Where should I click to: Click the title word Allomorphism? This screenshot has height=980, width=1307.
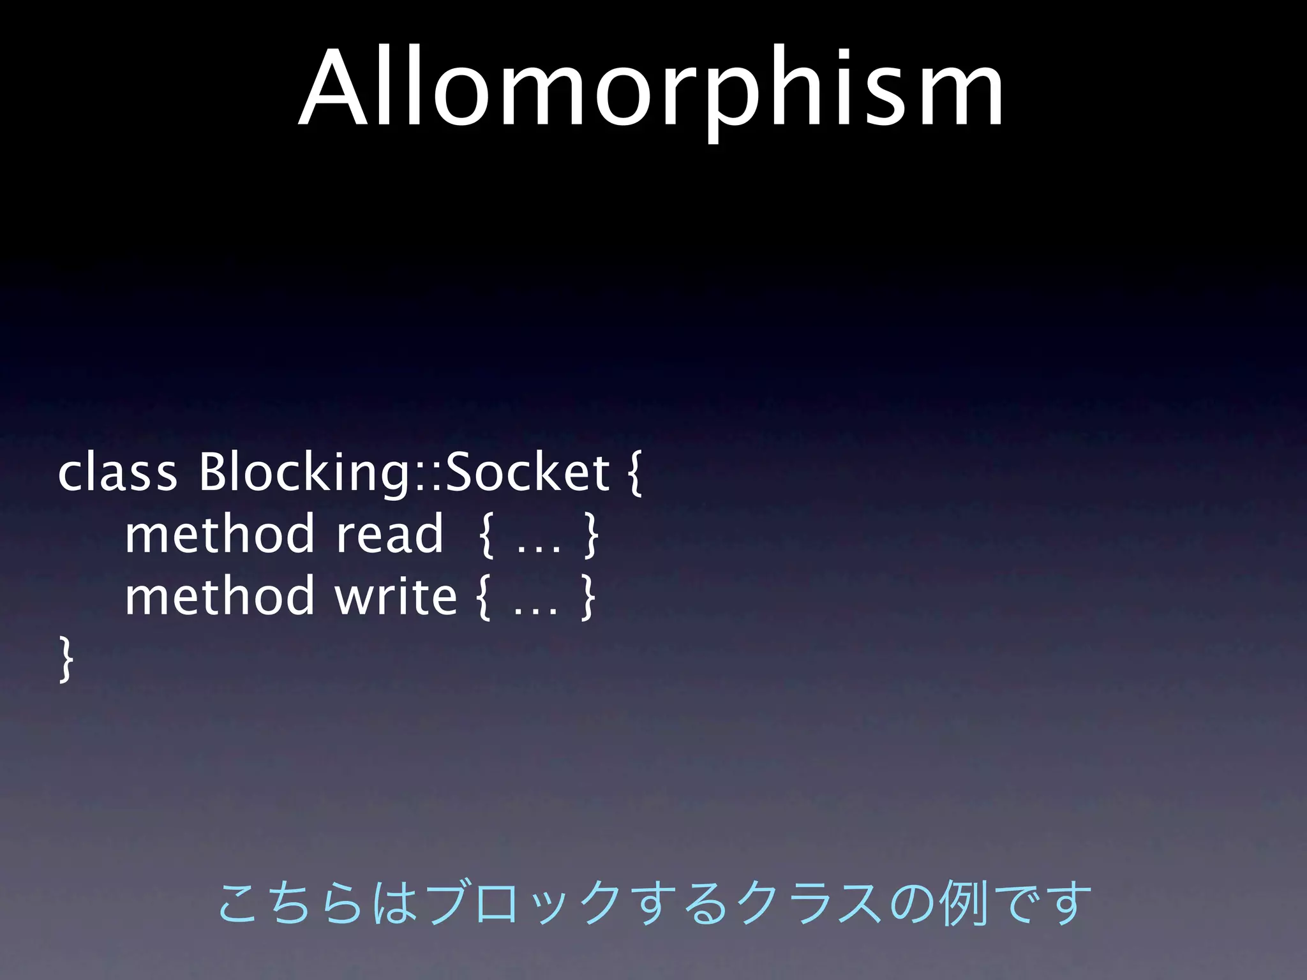(651, 89)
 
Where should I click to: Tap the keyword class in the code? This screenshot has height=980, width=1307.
(117, 473)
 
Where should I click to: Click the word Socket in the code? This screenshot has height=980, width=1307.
(527, 473)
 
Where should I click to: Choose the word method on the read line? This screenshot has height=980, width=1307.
(220, 534)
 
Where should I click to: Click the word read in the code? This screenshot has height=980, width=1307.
(389, 534)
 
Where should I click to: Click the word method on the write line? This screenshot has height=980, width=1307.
(220, 596)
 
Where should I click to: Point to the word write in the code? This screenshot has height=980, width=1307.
(396, 596)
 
